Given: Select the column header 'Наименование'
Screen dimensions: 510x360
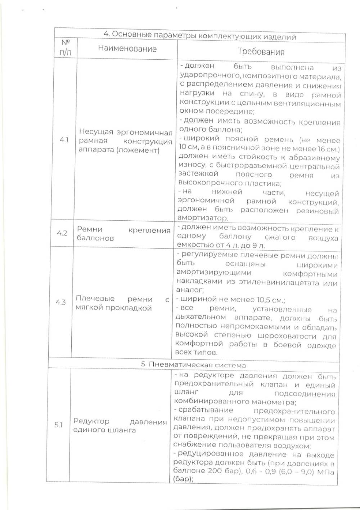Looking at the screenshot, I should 127,49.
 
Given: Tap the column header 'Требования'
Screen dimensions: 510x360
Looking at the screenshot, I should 261,52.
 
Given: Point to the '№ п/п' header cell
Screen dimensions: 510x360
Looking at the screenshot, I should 66,48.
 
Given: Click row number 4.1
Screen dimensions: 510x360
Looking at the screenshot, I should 64,140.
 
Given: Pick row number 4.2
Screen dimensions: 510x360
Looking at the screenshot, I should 62,233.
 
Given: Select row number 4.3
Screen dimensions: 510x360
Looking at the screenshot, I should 60,302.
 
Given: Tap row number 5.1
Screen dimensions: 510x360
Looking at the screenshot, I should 58,425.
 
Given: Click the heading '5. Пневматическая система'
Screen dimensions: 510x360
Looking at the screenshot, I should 193,365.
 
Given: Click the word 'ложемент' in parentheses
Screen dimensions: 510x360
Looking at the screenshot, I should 139,150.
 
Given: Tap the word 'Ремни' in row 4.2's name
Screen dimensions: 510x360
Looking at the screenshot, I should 90,229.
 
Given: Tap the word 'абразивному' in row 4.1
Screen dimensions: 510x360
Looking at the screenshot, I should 319,158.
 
